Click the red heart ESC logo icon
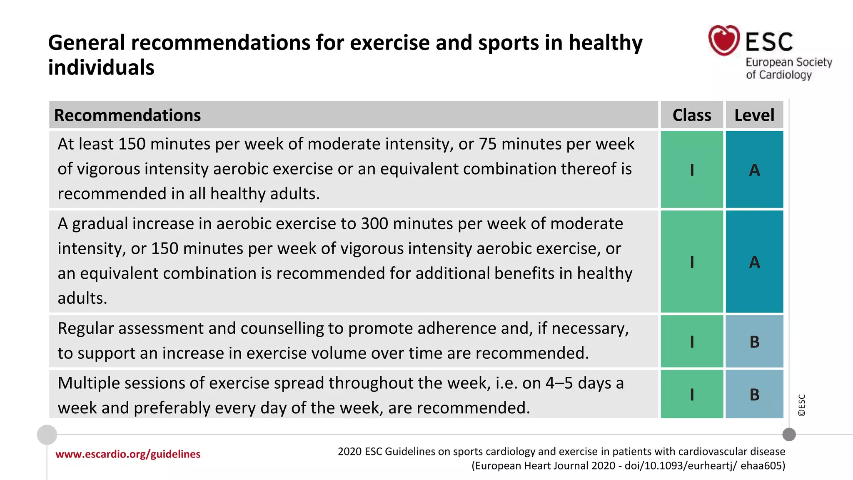(724, 40)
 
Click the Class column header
(692, 115)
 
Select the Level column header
(754, 115)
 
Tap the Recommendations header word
(127, 115)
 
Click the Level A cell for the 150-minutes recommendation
(754, 170)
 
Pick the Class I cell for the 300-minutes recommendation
(692, 262)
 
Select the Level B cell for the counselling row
(754, 342)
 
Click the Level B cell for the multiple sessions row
(754, 394)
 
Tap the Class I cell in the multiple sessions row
(692, 394)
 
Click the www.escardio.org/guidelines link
(128, 454)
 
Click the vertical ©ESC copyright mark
(801, 405)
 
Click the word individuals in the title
(101, 67)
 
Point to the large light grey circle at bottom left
(47, 435)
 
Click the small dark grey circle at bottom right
(789, 435)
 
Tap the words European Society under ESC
(788, 62)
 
